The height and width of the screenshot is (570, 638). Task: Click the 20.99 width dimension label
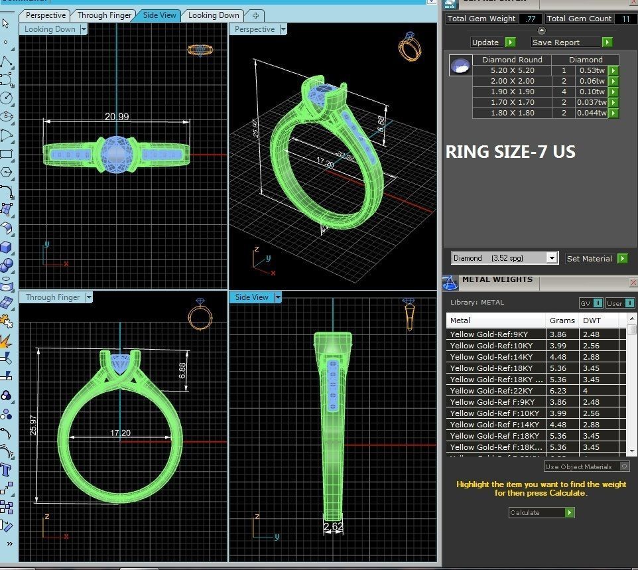(117, 116)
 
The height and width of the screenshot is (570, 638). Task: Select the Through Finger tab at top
(104, 15)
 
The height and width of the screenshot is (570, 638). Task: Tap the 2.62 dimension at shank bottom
(334, 528)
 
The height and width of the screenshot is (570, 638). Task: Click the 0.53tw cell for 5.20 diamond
(591, 70)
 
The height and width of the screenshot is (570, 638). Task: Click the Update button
(485, 42)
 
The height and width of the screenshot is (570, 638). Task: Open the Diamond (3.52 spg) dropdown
(505, 258)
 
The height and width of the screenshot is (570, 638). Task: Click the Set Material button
(589, 259)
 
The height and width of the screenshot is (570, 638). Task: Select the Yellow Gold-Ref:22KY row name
(489, 391)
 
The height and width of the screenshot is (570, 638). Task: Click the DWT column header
(592, 321)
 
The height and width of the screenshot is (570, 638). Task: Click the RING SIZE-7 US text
(510, 152)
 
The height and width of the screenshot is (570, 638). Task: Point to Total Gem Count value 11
(625, 19)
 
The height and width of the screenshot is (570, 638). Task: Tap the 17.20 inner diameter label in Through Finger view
(120, 433)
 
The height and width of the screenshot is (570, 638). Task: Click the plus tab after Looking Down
(255, 15)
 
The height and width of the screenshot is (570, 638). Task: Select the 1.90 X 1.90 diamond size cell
(512, 92)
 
